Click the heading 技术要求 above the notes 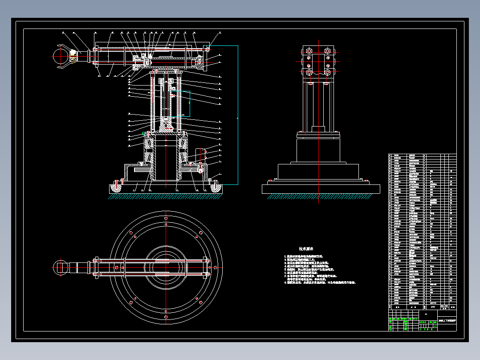pyautogui.click(x=306, y=249)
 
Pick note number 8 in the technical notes pyautogui.click(x=320, y=282)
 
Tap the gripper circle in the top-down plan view pyautogui.click(x=61, y=267)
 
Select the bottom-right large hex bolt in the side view pyautogui.click(x=328, y=72)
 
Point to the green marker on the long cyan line pyautogui.click(x=237, y=119)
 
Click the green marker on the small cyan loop pyautogui.click(x=190, y=102)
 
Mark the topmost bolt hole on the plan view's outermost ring pyautogui.click(x=166, y=218)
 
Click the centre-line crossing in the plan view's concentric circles pyautogui.click(x=166, y=267)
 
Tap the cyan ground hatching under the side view pyautogui.click(x=321, y=196)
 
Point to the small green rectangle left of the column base pyautogui.click(x=144, y=133)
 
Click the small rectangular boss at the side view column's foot pyautogui.click(x=318, y=129)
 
